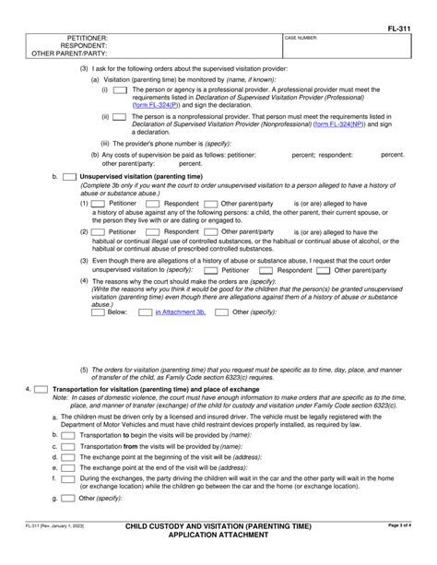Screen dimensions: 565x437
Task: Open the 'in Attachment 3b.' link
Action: [x=179, y=312]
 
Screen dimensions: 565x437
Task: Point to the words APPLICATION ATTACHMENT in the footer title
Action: [x=218, y=559]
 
